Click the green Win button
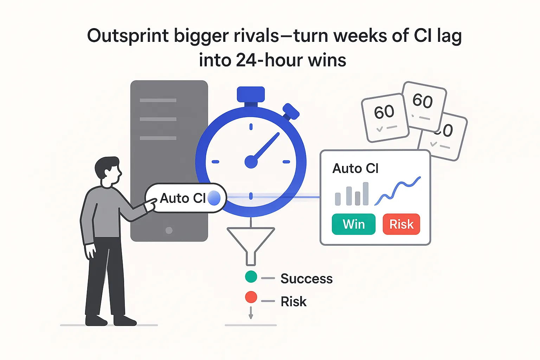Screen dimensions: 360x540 [x=353, y=224]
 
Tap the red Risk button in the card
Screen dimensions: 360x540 [x=401, y=224]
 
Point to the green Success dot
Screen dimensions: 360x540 [x=251, y=277]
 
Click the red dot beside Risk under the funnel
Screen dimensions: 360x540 [x=251, y=297]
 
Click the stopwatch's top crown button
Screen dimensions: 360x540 [x=251, y=94]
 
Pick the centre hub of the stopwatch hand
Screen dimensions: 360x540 [x=251, y=162]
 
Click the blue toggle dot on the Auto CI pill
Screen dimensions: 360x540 [x=214, y=198]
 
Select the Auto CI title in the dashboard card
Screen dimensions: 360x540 [x=355, y=169]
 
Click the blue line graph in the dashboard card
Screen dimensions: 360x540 [x=398, y=190]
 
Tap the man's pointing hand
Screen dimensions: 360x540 [x=150, y=204]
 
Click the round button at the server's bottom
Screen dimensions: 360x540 [x=169, y=230]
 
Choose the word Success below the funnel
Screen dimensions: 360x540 [x=306, y=279]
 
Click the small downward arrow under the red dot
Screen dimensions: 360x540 [x=251, y=313]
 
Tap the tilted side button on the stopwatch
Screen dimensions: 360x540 [x=291, y=111]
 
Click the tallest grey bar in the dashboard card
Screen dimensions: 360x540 [x=366, y=193]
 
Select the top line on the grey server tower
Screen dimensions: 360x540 [x=158, y=101]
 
